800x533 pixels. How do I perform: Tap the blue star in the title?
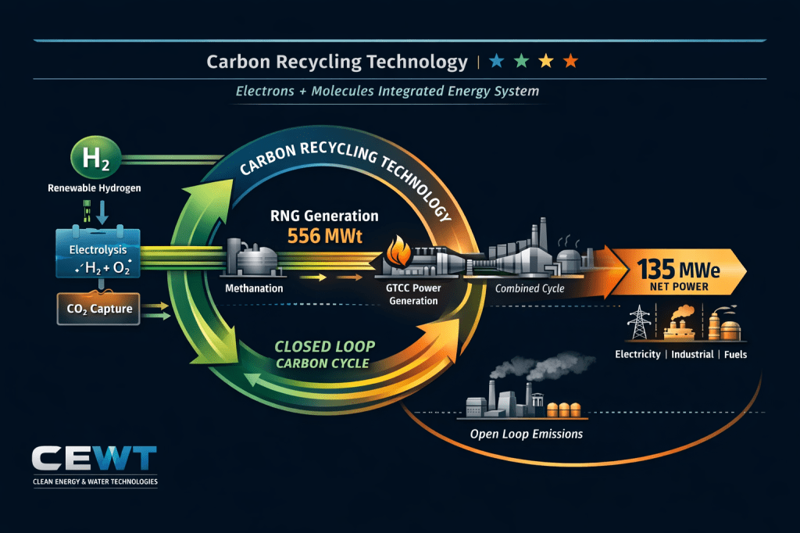[x=495, y=62]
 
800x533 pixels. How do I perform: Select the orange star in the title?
[x=571, y=62]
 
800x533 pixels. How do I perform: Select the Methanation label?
[x=254, y=288]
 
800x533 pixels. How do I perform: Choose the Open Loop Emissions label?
[x=526, y=434]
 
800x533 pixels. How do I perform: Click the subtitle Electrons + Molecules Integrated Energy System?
[x=387, y=91]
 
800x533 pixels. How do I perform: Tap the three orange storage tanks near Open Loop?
[x=563, y=408]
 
